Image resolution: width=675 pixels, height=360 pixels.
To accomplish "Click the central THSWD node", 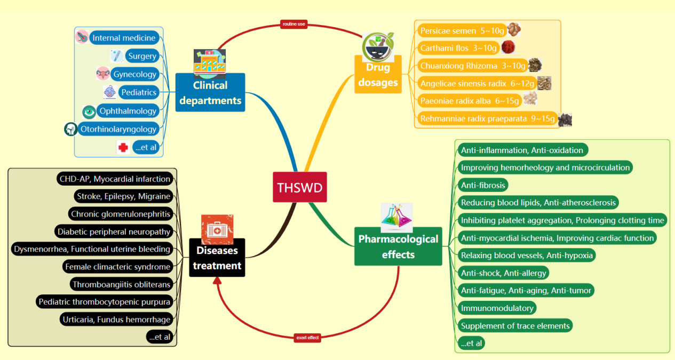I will (299, 187).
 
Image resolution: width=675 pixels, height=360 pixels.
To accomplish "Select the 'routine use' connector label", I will (293, 24).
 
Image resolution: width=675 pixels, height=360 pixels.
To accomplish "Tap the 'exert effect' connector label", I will (307, 338).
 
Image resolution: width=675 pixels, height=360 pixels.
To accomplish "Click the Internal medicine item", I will (124, 38).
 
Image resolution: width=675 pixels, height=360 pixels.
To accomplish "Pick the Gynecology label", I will (134, 74).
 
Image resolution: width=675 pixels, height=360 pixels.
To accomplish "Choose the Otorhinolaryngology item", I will (118, 129).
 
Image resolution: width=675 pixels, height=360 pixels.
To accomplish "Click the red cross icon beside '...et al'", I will (123, 147).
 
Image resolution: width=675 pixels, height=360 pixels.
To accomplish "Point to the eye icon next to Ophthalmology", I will (89, 111).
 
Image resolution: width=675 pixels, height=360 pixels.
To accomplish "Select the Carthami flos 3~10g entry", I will (458, 48).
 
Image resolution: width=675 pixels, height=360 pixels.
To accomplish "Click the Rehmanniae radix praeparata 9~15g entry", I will (487, 118).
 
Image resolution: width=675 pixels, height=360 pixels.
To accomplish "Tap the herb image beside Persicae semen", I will (513, 29).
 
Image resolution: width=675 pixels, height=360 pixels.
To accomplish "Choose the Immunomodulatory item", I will (497, 308).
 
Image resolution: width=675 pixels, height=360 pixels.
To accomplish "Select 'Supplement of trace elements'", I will (515, 325).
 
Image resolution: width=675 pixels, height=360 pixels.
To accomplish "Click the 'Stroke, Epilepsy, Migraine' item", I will (123, 196).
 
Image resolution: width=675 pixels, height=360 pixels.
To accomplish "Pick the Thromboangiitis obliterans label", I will (121, 284).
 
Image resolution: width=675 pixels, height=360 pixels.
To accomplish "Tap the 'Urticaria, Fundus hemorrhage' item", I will (116, 319).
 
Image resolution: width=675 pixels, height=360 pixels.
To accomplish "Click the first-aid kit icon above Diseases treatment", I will (217, 229).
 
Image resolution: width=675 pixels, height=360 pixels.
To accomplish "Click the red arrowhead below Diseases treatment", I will (217, 281).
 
